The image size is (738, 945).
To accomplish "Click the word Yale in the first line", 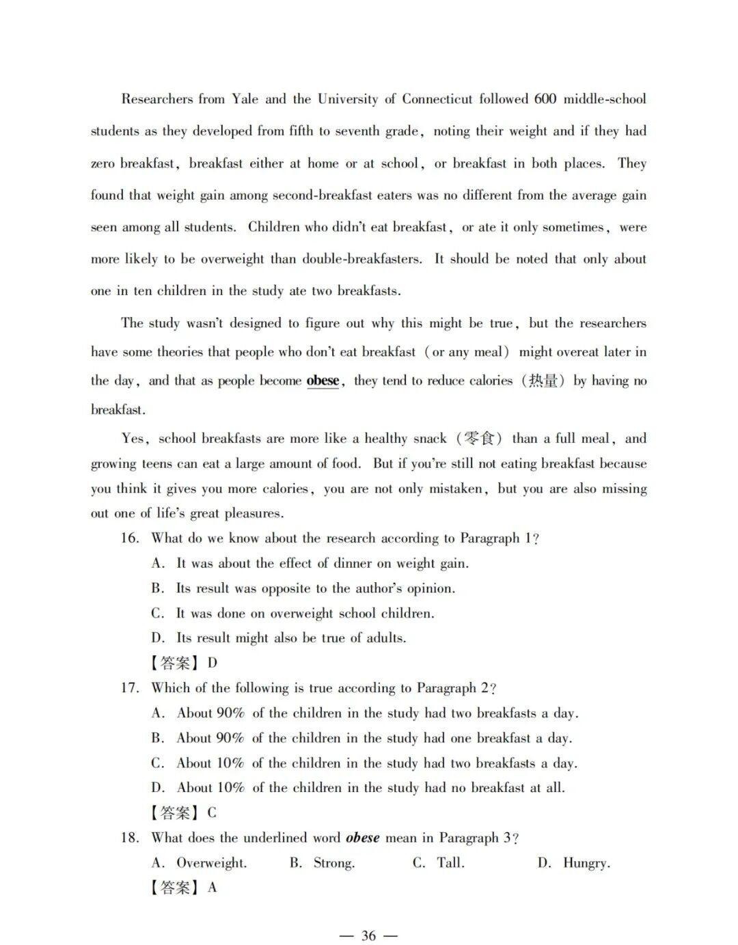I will (245, 99).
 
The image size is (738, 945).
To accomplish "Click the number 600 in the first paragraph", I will (545, 99).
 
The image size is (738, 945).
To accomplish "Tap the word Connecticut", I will (437, 99).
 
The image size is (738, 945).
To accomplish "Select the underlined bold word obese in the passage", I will (323, 381).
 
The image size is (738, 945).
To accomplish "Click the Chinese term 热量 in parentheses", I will (543, 381).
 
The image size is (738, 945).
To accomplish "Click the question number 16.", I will (130, 538).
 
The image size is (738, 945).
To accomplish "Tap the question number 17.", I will (130, 688).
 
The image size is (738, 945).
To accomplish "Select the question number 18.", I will (130, 838).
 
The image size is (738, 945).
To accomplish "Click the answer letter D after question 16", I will (213, 663).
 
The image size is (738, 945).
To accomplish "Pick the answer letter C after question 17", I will (212, 812).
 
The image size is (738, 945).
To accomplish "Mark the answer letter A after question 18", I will (213, 888).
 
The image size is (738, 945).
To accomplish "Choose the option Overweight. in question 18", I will (211, 863).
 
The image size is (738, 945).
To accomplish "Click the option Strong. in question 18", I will (334, 863).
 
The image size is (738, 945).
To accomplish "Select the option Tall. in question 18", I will (450, 863).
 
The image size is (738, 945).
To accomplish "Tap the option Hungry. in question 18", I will (586, 863).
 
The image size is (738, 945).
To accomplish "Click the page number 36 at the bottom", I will (368, 935).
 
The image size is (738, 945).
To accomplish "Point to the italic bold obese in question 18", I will (362, 838).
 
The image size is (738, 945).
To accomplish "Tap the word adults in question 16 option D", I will (386, 638).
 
